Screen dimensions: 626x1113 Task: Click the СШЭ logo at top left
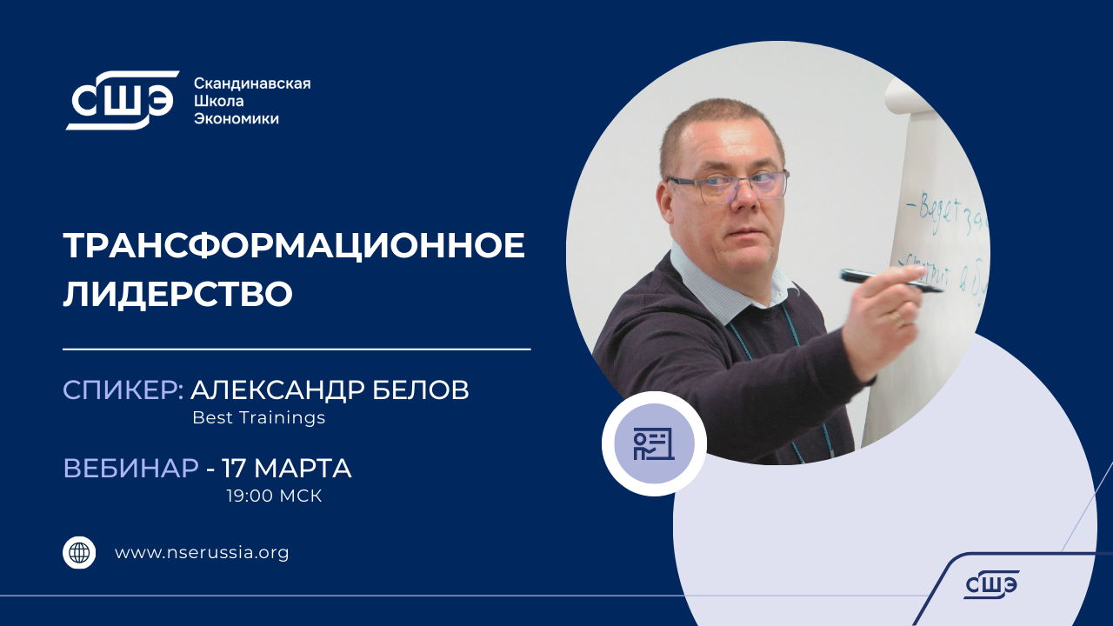point(122,100)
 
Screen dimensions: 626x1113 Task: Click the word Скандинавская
point(251,83)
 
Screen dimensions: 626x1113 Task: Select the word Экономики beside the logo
point(236,118)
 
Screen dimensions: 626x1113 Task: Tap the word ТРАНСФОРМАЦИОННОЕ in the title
point(294,246)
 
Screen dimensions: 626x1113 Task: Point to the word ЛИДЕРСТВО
point(177,294)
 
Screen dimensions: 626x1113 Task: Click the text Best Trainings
point(258,417)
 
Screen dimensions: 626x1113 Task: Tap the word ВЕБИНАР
point(130,469)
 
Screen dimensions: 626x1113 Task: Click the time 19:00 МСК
point(274,496)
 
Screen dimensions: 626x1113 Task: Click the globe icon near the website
point(79,552)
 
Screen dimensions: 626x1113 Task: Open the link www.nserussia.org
point(202,552)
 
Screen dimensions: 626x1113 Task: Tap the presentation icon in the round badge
point(653,443)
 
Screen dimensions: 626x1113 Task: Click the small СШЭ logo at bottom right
point(990,585)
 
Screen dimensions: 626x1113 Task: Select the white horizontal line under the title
point(297,350)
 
